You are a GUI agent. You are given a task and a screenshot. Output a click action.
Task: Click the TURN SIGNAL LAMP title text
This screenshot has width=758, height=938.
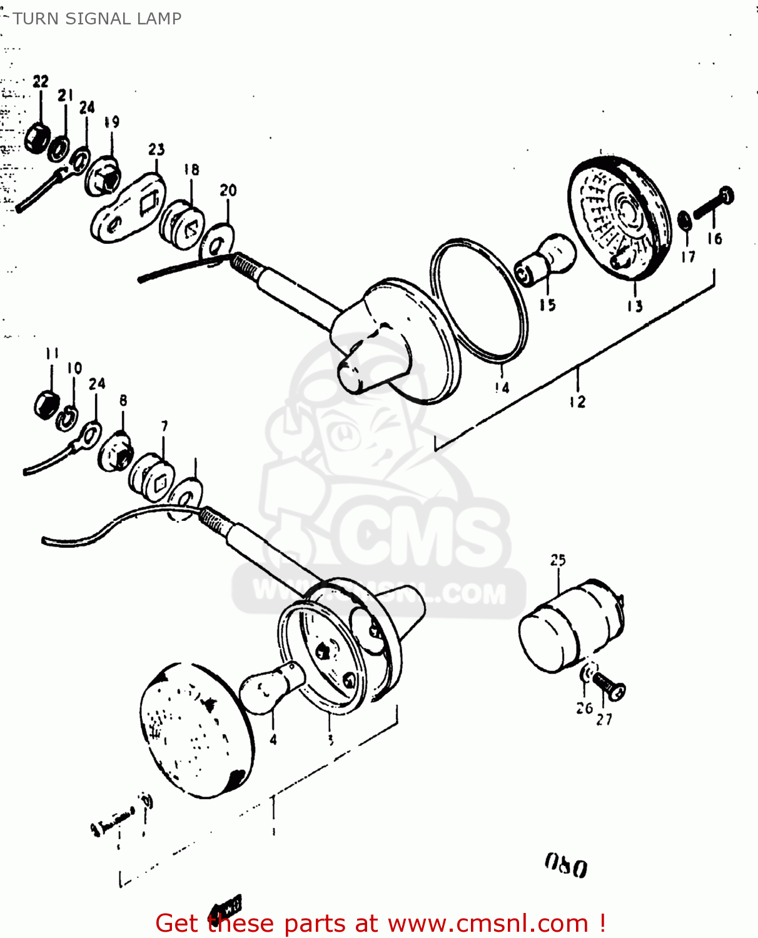click(x=97, y=19)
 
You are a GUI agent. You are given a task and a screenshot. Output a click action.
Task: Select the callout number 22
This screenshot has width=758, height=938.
click(x=41, y=81)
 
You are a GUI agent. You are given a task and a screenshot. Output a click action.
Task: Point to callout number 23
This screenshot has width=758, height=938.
click(x=156, y=149)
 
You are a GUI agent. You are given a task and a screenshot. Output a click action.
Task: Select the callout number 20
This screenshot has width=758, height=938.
click(x=228, y=190)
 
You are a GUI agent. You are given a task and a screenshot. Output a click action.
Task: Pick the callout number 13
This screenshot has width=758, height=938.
click(x=635, y=306)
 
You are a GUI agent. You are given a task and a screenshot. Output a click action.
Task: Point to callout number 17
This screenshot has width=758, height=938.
click(x=688, y=256)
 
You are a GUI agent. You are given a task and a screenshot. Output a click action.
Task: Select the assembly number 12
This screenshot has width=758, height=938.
click(x=577, y=402)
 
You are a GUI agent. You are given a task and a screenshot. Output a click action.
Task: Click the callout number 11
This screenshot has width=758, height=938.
click(x=52, y=353)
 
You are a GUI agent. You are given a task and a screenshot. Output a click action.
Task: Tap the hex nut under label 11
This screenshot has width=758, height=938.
click(x=46, y=404)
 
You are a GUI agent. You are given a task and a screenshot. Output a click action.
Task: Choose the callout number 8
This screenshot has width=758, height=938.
click(x=123, y=400)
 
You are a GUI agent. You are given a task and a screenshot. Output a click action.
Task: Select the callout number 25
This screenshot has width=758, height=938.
click(x=558, y=560)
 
